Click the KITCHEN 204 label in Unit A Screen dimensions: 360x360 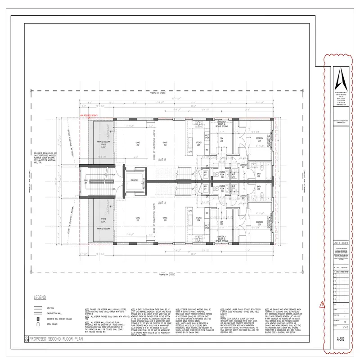(198, 219)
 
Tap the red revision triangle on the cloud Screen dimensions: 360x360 (320, 305)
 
